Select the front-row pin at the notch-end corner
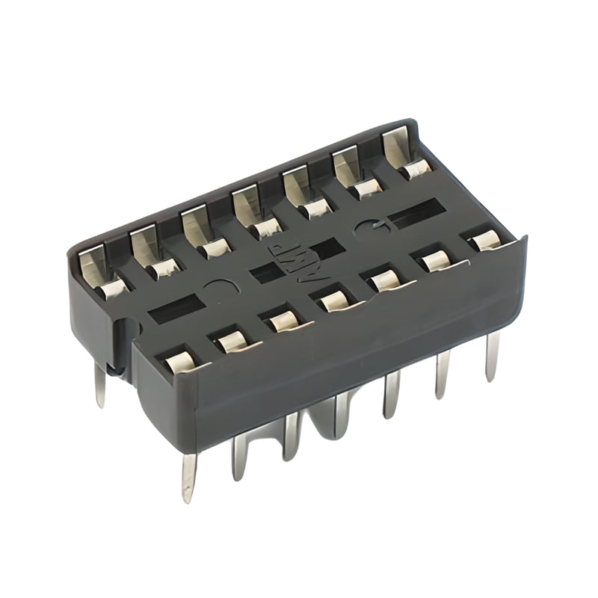[188, 476]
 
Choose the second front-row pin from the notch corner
[239, 456]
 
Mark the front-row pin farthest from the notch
[492, 356]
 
